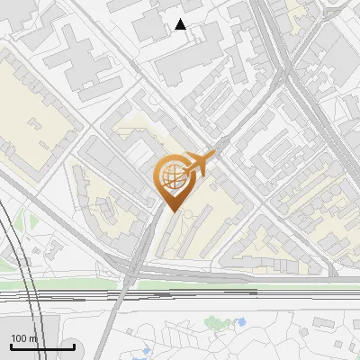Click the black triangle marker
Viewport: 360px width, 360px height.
click(181, 24)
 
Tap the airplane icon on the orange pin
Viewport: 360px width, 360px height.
click(200, 162)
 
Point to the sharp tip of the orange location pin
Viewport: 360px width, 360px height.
click(171, 211)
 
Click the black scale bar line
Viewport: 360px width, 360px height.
click(42, 346)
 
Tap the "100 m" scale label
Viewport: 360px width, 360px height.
click(23, 338)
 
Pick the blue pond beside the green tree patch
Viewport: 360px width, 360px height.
click(240, 321)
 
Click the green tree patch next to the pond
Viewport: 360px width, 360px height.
click(216, 321)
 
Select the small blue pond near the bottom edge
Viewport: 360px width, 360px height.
click(146, 352)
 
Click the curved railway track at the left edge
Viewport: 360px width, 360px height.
click(11, 243)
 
